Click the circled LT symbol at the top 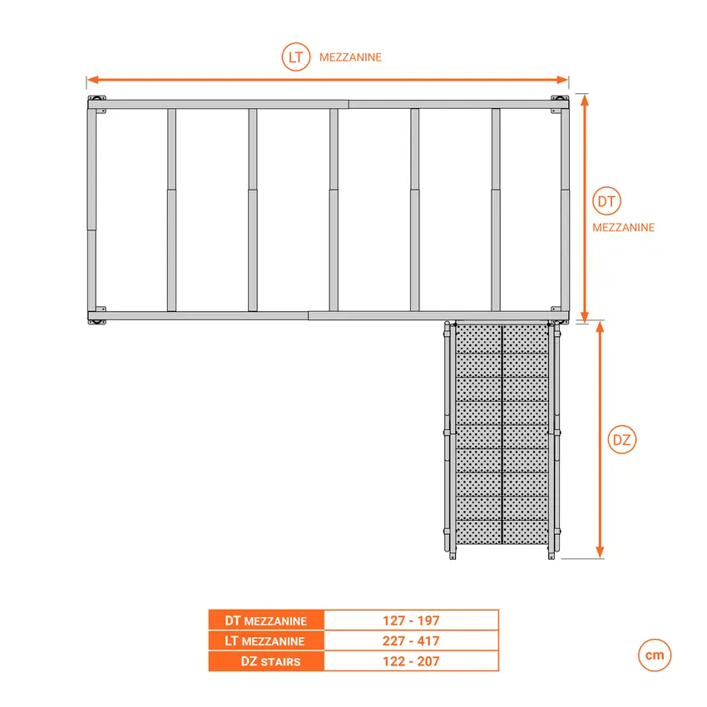click(x=295, y=57)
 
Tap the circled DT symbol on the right click(x=608, y=201)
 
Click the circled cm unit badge click(x=655, y=655)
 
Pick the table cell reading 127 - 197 click(x=411, y=620)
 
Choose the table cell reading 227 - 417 click(x=411, y=641)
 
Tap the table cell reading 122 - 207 click(x=411, y=662)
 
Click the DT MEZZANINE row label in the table click(x=266, y=620)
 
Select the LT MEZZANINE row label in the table click(x=266, y=641)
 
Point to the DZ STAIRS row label click(x=266, y=662)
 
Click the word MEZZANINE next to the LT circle click(x=350, y=57)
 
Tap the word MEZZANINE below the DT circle click(x=623, y=227)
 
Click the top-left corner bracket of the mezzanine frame click(x=97, y=103)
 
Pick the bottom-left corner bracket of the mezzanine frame click(x=97, y=316)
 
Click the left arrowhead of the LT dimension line click(x=92, y=80)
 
